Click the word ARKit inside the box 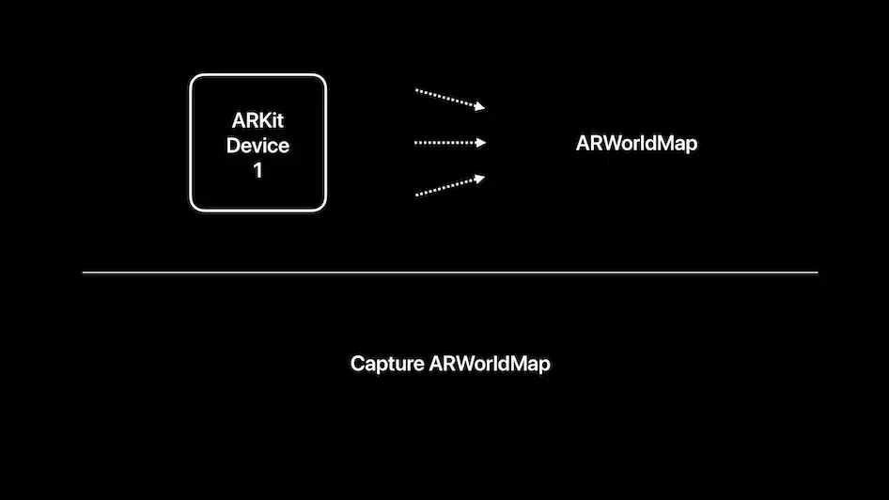pos(257,121)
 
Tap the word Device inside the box pos(257,146)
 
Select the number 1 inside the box pos(257,171)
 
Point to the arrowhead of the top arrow pos(480,107)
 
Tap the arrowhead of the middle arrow pos(481,143)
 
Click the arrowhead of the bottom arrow pos(480,177)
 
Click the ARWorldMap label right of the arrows pos(636,145)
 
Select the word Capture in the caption pos(386,365)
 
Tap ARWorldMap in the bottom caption pos(490,365)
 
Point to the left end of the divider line pos(85,273)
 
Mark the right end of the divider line pos(817,273)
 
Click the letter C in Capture pos(357,365)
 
